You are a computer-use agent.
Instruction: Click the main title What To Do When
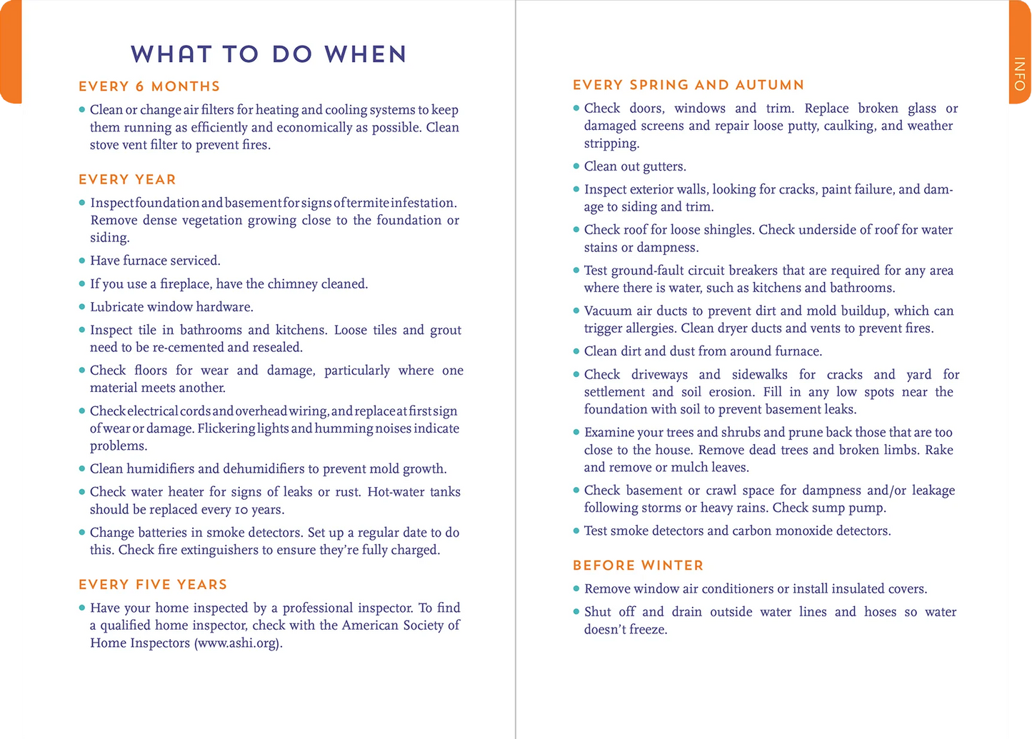point(269,54)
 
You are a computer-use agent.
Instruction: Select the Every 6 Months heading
point(149,86)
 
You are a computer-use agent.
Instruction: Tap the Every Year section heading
point(127,179)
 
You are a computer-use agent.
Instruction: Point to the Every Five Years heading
point(153,584)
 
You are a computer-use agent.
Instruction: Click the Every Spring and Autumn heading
point(688,85)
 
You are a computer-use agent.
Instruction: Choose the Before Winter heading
point(638,565)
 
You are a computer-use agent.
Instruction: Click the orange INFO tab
point(1020,74)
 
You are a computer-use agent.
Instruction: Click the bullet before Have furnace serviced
point(82,261)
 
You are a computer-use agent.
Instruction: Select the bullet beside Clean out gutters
point(576,166)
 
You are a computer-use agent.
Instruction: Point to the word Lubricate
point(118,307)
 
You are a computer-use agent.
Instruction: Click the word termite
point(368,203)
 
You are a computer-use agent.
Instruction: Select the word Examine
point(608,433)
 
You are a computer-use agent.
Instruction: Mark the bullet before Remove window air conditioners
point(576,589)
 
